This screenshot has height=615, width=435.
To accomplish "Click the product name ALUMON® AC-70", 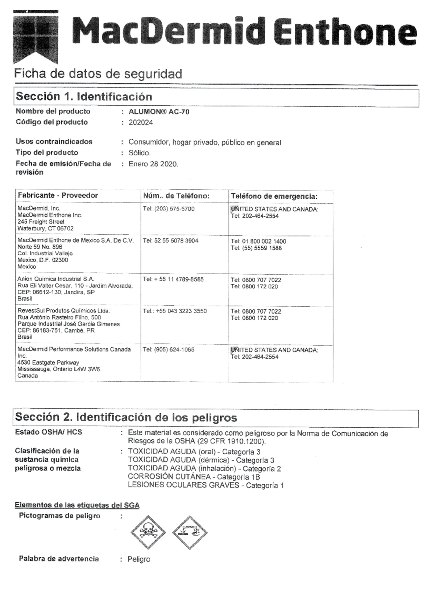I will coord(159,112).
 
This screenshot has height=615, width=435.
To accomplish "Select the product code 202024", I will coord(141,122).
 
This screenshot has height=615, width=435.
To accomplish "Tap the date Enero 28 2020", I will coord(153,164).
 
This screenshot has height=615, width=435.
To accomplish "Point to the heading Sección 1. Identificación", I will coord(84,97).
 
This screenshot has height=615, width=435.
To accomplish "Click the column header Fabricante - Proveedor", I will coord(58,195).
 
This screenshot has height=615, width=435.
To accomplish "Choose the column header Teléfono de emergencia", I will coord(274,196).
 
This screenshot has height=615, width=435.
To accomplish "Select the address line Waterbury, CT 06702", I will coord(45,229).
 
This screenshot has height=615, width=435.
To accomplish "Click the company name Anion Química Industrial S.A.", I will coord(55,279).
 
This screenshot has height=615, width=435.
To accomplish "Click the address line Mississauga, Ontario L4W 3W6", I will coord(58,369).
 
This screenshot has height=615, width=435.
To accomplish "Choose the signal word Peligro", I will coord(139,560).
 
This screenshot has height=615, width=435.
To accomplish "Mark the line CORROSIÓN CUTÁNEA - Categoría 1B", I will coord(194,477).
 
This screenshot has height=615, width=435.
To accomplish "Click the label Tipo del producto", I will coord(47,152).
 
